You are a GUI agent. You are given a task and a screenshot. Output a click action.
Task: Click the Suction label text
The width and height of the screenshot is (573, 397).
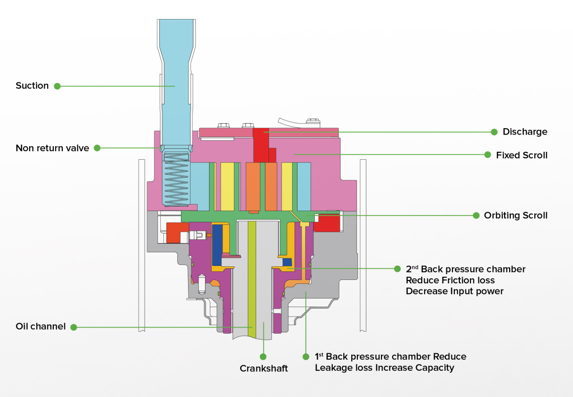32,85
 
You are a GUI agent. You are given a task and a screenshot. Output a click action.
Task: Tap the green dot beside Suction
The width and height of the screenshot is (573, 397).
57,86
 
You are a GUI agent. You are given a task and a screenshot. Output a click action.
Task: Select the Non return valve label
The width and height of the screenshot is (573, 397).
52,148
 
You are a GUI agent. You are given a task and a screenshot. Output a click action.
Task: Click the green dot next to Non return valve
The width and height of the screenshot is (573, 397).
98,148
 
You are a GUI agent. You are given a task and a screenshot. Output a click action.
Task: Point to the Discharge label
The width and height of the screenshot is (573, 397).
525,132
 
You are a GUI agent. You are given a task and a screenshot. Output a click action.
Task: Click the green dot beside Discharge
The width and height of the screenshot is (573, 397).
494,132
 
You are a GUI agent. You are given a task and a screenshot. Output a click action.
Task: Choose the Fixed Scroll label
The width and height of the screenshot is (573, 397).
522,155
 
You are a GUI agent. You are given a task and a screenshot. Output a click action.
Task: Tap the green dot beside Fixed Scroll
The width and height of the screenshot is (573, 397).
488,155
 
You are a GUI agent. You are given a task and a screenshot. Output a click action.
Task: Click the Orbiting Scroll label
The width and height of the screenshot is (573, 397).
516,215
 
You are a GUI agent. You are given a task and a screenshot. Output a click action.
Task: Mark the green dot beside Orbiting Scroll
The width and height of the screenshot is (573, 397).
475,215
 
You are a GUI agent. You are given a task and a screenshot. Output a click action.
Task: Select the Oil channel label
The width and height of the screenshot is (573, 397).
41,327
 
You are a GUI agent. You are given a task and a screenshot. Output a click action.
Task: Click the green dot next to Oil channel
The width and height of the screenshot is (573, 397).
73,327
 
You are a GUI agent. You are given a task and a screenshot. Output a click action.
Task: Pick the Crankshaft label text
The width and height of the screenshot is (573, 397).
264,368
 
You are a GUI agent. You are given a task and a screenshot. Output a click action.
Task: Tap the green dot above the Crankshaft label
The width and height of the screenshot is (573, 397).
263,356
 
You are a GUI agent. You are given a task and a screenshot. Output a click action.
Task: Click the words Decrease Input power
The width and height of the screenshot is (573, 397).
454,291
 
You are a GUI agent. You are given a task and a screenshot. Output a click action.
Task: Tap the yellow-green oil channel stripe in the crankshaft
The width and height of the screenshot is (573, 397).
252,281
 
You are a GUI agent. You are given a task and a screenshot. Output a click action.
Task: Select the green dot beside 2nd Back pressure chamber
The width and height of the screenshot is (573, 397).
397,268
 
